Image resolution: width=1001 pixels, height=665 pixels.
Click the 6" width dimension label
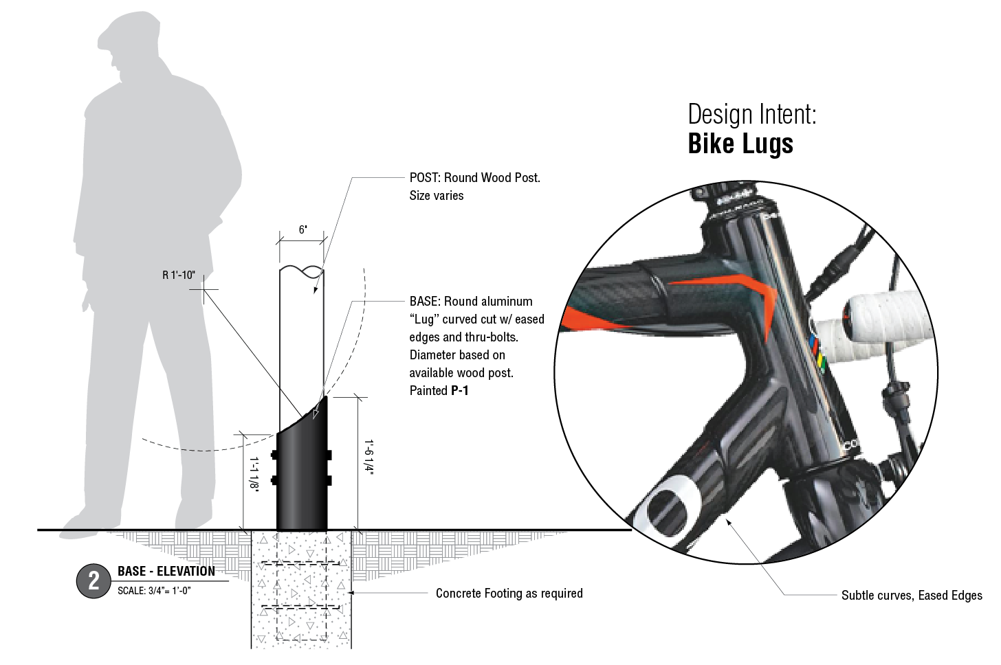[302, 229]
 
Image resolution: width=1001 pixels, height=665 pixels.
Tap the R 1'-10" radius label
[179, 275]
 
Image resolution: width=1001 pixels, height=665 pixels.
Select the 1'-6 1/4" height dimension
[368, 456]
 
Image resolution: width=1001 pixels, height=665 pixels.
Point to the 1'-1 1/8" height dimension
[254, 474]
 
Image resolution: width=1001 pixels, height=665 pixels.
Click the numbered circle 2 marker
[93, 581]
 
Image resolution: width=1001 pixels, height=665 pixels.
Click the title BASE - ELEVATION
[166, 571]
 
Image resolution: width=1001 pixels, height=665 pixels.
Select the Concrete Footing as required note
[509, 594]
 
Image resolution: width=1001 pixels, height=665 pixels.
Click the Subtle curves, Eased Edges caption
[912, 595]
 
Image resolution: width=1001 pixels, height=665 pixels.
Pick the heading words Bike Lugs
[740, 144]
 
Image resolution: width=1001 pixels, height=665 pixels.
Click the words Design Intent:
[752, 114]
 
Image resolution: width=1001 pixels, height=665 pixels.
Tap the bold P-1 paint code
[460, 391]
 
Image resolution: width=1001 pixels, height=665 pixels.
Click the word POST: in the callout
[425, 178]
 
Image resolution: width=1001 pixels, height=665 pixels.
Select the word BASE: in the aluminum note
[425, 302]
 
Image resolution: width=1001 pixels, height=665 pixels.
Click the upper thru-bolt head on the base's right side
[329, 455]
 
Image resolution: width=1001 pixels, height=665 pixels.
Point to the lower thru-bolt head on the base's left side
[274, 480]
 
